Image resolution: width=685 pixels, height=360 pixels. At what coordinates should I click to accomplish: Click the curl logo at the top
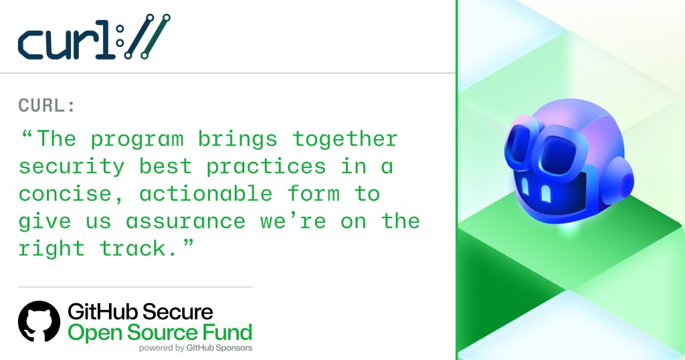(x=94, y=37)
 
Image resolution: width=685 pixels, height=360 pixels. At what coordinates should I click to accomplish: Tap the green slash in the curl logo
(x=155, y=37)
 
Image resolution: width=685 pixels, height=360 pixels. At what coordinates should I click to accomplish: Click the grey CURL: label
(x=47, y=105)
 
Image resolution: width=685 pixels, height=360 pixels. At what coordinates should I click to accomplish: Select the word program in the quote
(x=137, y=140)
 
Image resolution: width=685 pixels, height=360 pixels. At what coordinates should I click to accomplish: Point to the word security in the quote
(x=72, y=167)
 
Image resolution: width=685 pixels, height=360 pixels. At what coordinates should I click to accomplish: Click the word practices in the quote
(x=266, y=167)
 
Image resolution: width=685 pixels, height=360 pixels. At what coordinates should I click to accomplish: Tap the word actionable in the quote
(x=206, y=193)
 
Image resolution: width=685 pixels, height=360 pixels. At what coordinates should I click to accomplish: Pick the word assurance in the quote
(x=186, y=221)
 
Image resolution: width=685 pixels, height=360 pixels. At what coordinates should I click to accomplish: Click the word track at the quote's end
(x=133, y=249)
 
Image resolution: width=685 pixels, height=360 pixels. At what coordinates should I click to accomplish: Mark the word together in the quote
(x=345, y=140)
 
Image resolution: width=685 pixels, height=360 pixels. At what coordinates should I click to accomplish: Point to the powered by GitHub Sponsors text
(x=196, y=348)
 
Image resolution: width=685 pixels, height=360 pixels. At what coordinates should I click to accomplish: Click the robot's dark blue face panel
(x=550, y=191)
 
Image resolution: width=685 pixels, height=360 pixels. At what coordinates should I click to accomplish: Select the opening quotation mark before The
(x=27, y=134)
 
